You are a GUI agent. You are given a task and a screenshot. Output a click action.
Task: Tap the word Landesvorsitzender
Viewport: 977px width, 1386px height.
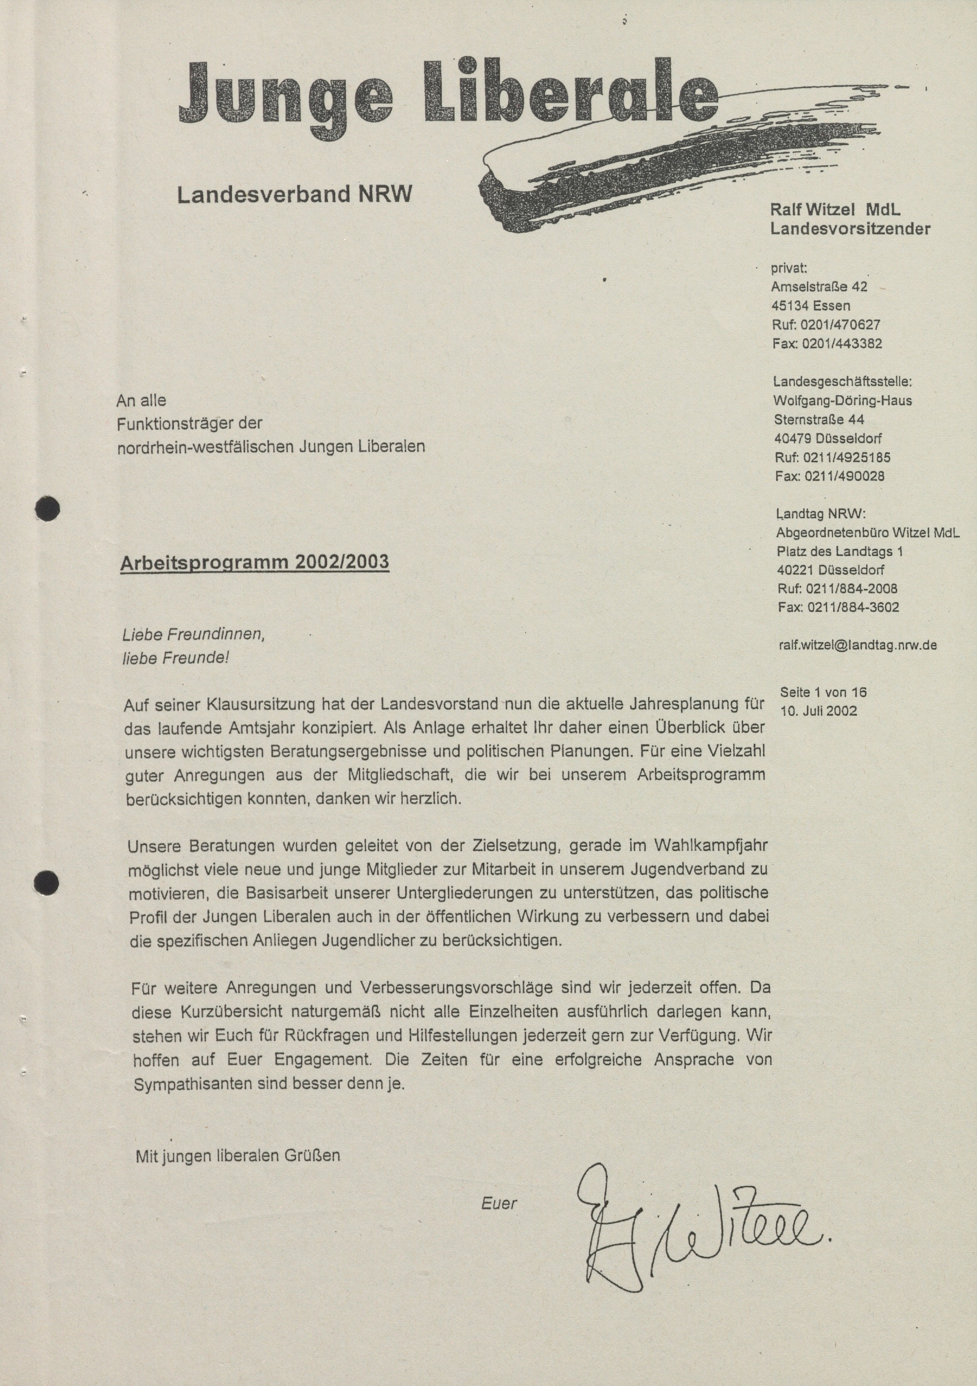tap(850, 229)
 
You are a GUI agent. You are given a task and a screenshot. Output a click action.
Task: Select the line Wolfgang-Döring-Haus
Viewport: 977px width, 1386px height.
tap(842, 400)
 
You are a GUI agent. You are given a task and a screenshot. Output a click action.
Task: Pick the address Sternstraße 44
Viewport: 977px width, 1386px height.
tap(819, 419)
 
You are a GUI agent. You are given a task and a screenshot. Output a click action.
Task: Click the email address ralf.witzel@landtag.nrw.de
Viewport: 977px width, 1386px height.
tap(858, 645)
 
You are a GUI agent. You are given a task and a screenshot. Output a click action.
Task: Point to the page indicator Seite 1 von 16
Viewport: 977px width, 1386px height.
tap(823, 692)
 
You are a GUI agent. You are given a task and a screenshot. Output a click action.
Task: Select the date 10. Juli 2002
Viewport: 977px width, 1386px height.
tap(818, 711)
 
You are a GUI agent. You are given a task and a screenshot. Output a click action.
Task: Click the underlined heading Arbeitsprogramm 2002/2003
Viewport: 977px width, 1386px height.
tap(254, 562)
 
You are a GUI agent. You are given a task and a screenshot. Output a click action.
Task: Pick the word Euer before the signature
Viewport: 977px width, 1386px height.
tap(499, 1203)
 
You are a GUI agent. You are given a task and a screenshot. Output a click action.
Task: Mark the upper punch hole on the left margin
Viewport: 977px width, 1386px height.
tap(48, 509)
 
